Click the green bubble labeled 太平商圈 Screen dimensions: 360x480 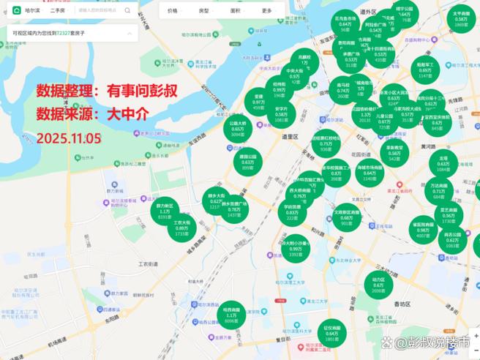pyautogui.click(x=461, y=18)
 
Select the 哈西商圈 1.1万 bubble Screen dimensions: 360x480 pyautogui.click(x=231, y=315)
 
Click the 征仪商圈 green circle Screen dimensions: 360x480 pyautogui.click(x=332, y=333)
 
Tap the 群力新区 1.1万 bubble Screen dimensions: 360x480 pyautogui.click(x=165, y=211)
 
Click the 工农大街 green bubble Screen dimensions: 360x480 pyautogui.click(x=181, y=228)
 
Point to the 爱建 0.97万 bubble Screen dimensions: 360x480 pyautogui.click(x=258, y=102)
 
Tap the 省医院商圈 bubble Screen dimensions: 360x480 pyautogui.click(x=423, y=230)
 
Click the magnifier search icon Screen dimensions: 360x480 pyautogui.click(x=127, y=11)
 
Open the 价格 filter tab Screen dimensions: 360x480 pyautogui.click(x=172, y=11)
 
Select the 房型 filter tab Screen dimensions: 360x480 pyautogui.click(x=203, y=11)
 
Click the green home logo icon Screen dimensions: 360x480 pyautogui.click(x=17, y=11)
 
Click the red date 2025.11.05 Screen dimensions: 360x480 pyautogui.click(x=64, y=137)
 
